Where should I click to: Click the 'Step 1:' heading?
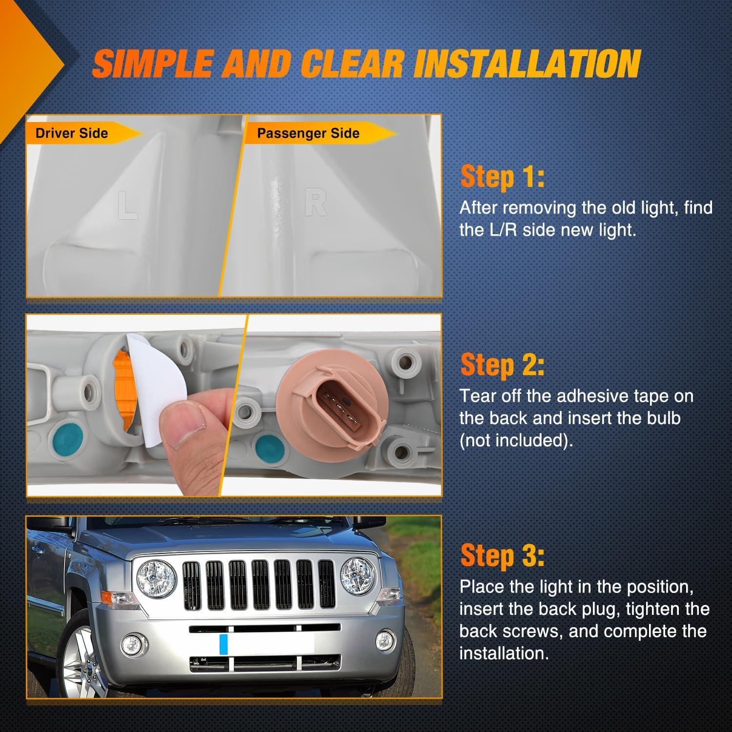[502, 177]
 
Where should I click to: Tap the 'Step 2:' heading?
[502, 366]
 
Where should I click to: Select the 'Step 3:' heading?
[502, 556]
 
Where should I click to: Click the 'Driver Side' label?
[72, 133]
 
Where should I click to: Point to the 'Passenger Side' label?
[308, 133]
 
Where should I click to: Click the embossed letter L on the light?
[127, 205]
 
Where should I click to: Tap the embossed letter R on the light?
[315, 203]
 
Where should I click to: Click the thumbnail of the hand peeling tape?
[137, 405]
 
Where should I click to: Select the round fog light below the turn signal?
[131, 644]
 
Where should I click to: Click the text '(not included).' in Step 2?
[516, 440]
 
